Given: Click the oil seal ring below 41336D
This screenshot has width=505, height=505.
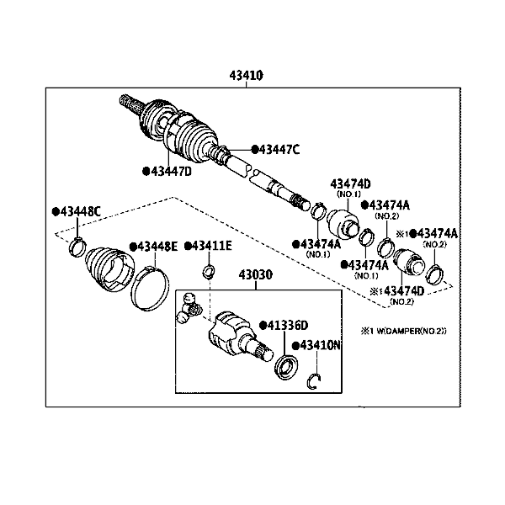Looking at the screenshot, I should (x=286, y=366).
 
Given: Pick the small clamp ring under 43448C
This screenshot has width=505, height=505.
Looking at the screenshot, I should (x=75, y=247).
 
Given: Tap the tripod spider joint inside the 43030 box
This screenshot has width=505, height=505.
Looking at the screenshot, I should (x=189, y=310).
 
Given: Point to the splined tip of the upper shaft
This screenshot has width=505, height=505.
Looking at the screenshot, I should (x=129, y=104).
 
